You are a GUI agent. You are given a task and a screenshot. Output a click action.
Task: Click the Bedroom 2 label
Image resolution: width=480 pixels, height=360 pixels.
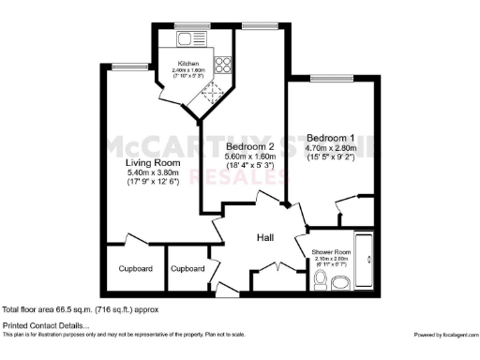[x=250, y=148]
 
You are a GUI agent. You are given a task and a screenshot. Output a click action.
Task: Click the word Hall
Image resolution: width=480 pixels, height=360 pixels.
[x=265, y=238]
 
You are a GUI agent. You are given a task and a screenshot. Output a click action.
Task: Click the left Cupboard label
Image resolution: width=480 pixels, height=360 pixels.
[x=135, y=269]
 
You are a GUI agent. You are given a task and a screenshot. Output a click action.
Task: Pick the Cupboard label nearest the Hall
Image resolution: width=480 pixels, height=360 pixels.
[x=187, y=269]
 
